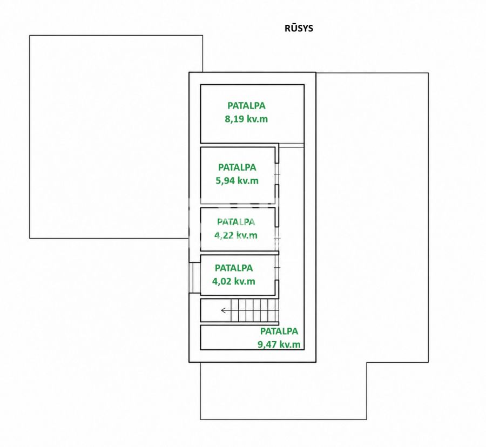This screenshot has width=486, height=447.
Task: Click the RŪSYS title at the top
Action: (x=299, y=28)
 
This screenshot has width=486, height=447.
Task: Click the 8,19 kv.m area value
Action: (x=246, y=119)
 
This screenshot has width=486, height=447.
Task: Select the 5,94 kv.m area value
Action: (x=237, y=181)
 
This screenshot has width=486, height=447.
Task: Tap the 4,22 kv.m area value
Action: (x=236, y=235)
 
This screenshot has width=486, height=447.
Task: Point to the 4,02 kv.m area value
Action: (x=234, y=281)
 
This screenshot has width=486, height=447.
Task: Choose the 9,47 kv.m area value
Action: (x=279, y=344)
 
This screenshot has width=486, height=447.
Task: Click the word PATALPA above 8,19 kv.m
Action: (x=246, y=106)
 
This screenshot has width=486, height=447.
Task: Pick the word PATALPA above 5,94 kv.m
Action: (x=237, y=167)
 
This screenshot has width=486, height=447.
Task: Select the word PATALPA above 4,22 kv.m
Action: (x=236, y=222)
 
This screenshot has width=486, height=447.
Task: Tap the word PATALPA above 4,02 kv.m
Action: (x=234, y=268)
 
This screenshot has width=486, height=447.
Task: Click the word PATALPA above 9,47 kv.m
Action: (x=279, y=331)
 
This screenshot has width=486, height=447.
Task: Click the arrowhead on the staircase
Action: (x=223, y=310)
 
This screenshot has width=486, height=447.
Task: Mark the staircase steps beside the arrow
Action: (x=254, y=310)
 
